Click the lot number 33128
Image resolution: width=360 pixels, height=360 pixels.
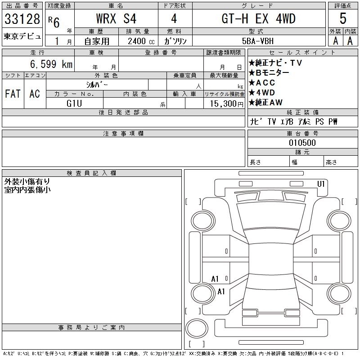coord(22,18)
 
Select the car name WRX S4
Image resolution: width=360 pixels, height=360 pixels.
coord(116,18)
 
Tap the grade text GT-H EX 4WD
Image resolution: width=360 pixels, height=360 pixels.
coord(258,18)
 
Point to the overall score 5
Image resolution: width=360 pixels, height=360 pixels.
coord(343,18)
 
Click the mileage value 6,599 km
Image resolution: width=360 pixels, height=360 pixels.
coord(51,64)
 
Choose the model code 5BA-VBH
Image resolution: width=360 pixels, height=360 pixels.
coord(258,41)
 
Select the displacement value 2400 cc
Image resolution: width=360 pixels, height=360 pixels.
coord(141,41)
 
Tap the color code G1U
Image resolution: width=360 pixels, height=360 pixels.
coord(74,103)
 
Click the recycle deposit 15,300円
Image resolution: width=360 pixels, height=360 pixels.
coord(226,104)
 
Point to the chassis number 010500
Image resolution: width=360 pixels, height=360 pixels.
coord(302,143)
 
